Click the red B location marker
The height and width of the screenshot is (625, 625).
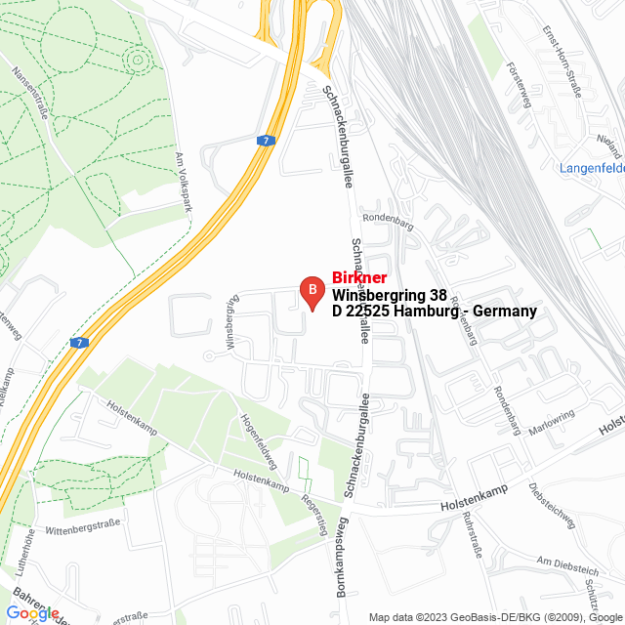pos(311,290)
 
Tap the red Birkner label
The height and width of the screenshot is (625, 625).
pos(359,277)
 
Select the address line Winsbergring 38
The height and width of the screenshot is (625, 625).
pos(390,294)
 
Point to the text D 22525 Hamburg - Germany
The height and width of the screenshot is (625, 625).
pos(435,312)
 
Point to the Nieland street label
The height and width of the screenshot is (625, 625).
pos(609,146)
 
